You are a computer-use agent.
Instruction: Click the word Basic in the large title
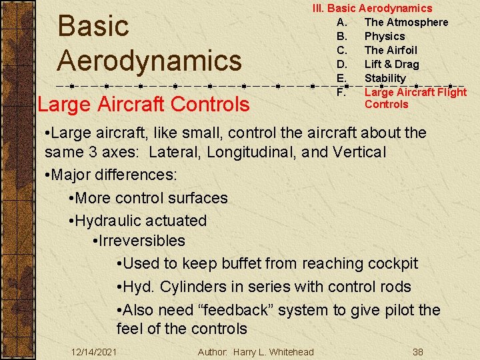click(93, 27)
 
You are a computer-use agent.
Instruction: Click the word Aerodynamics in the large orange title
click(149, 61)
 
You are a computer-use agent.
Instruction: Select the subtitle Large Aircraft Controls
click(143, 105)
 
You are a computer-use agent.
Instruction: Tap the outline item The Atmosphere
click(406, 22)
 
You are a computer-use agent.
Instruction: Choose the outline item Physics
click(385, 36)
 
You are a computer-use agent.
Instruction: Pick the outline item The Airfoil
click(391, 50)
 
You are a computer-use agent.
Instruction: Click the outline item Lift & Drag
click(391, 64)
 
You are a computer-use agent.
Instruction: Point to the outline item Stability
click(385, 78)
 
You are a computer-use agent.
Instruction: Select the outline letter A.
click(341, 22)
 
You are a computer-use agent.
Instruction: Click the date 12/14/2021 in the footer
click(94, 352)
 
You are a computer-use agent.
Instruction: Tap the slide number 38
click(418, 352)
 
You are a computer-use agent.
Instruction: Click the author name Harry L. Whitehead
click(273, 352)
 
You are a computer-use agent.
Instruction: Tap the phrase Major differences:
click(114, 175)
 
